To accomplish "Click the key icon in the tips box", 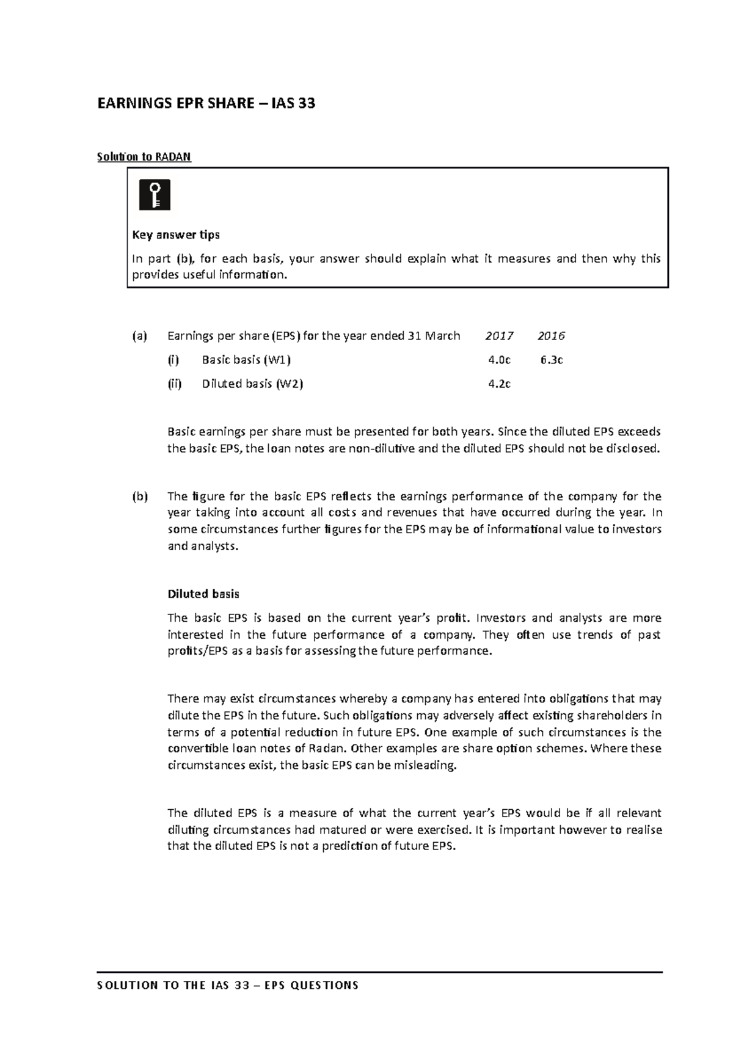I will (x=155, y=195).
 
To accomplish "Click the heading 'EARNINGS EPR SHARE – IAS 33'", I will (x=206, y=103).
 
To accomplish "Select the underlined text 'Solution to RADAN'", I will (x=144, y=157).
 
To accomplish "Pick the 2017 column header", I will (x=499, y=335).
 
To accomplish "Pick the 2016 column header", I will (x=551, y=335).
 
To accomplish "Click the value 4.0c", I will (x=499, y=360).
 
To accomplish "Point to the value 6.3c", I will (x=551, y=360).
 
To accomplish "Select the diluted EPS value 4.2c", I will (x=499, y=384).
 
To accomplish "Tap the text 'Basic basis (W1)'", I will (x=242, y=360).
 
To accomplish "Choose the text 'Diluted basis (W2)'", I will (x=252, y=384).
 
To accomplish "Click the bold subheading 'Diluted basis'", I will (x=203, y=594).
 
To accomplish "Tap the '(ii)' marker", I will (x=175, y=384).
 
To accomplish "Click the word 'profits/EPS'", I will (x=193, y=651).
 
